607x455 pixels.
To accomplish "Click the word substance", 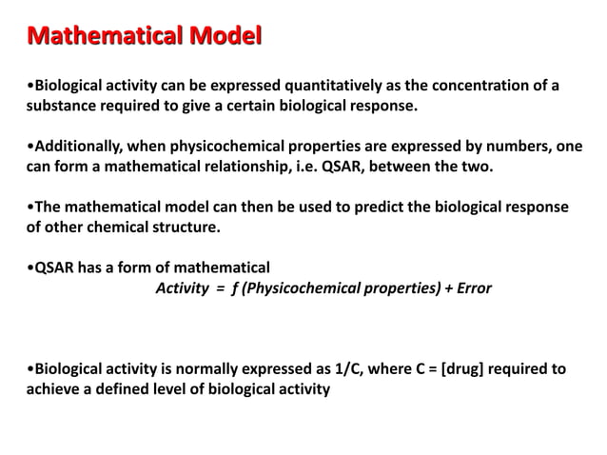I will pos(60,106).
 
